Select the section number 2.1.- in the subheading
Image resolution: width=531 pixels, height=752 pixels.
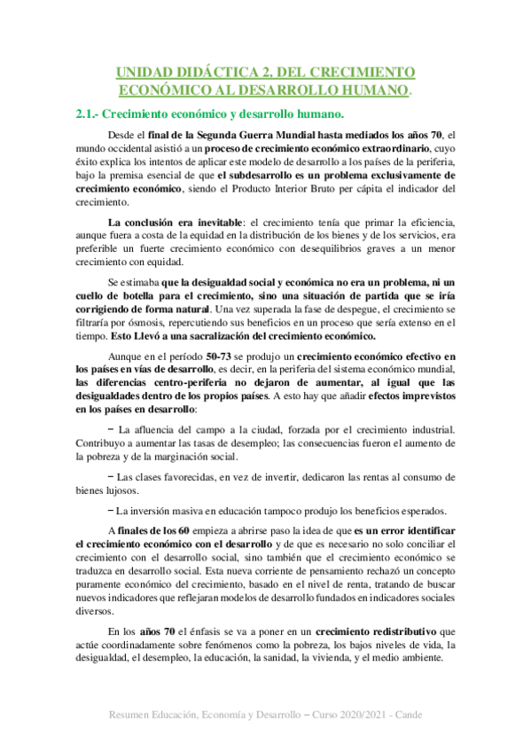(x=90, y=114)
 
